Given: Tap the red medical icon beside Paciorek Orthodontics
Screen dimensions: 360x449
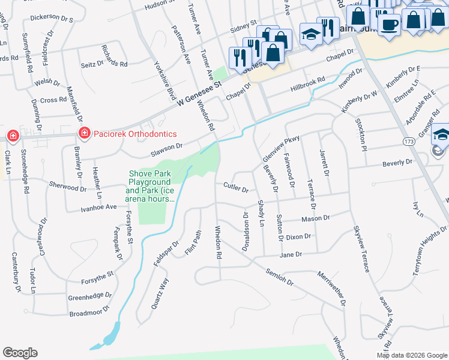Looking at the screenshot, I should (84, 133).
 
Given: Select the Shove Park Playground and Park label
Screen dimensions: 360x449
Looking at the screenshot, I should (150, 186).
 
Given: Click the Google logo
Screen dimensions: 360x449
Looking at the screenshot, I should (20, 353).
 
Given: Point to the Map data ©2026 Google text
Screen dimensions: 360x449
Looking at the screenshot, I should (411, 355).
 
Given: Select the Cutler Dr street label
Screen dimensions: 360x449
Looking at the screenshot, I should (235, 188).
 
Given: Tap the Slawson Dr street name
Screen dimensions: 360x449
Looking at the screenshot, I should (161, 147).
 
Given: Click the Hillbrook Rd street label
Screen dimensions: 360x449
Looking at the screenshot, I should (307, 82).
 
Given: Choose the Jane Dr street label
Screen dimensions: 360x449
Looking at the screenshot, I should (291, 255).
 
